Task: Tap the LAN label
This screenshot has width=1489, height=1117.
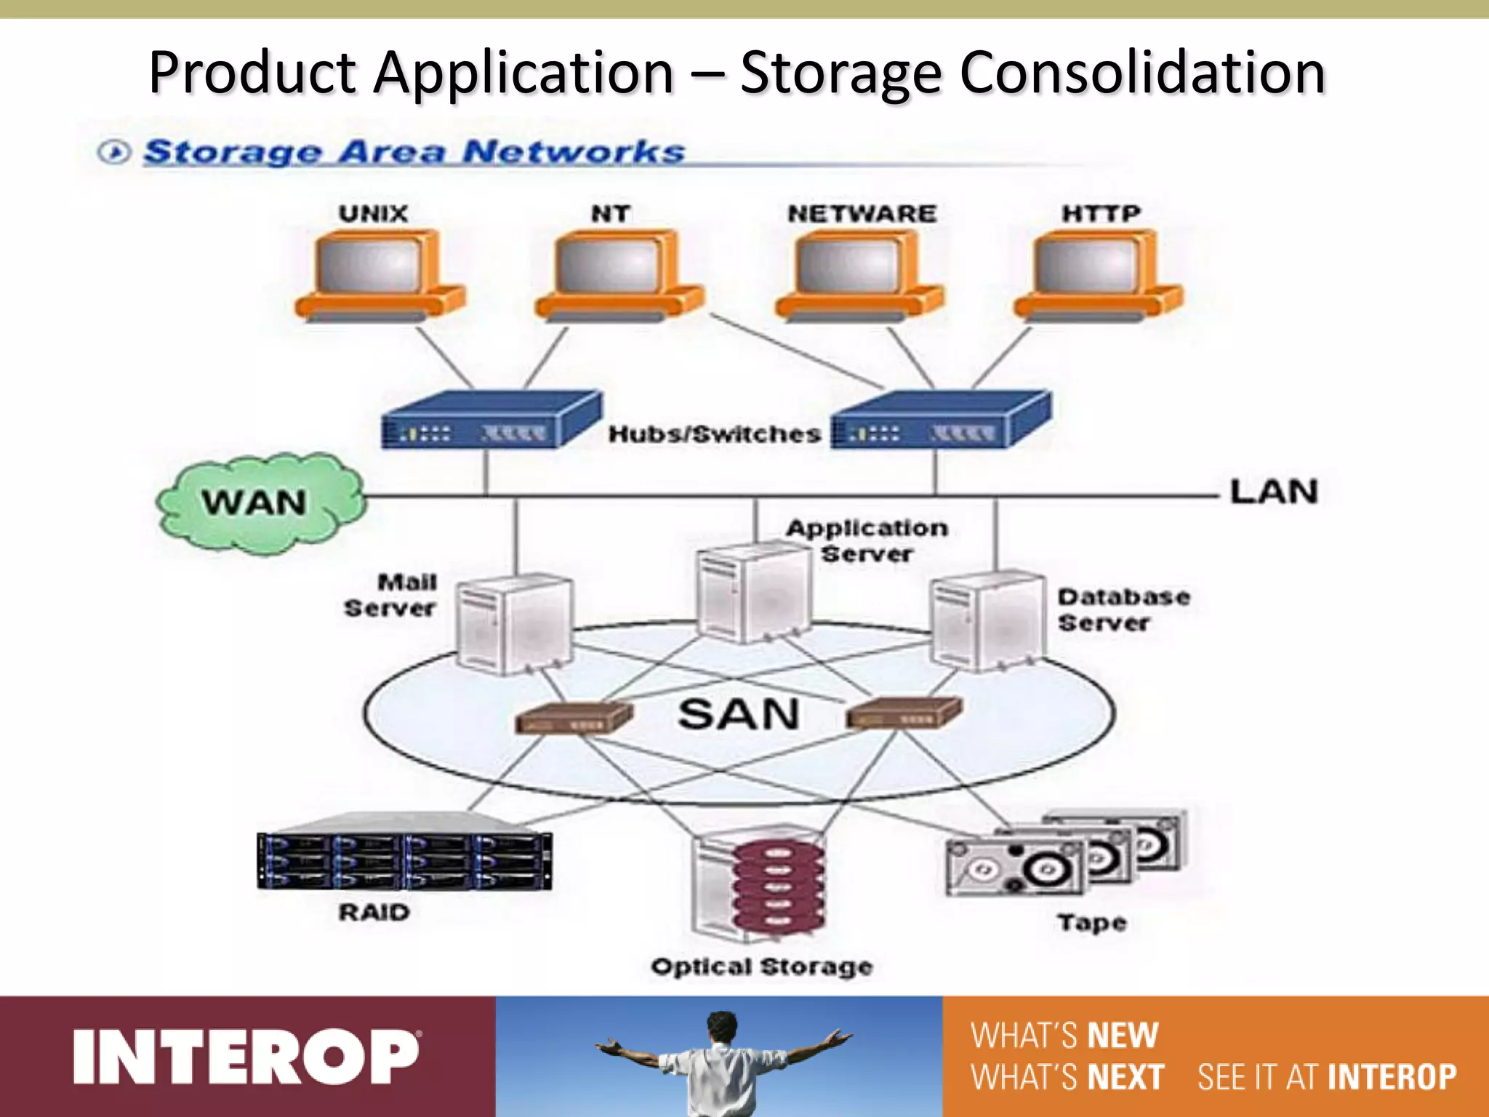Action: (x=1274, y=492)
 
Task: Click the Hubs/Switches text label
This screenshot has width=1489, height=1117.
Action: (x=715, y=434)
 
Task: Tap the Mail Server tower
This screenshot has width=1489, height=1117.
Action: (x=513, y=624)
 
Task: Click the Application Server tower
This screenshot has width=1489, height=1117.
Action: (x=752, y=593)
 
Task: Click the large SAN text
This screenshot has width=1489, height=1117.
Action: (x=738, y=714)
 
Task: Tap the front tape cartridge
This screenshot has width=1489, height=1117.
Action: (x=1014, y=867)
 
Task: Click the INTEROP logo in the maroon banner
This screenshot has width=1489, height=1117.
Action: (x=246, y=1057)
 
